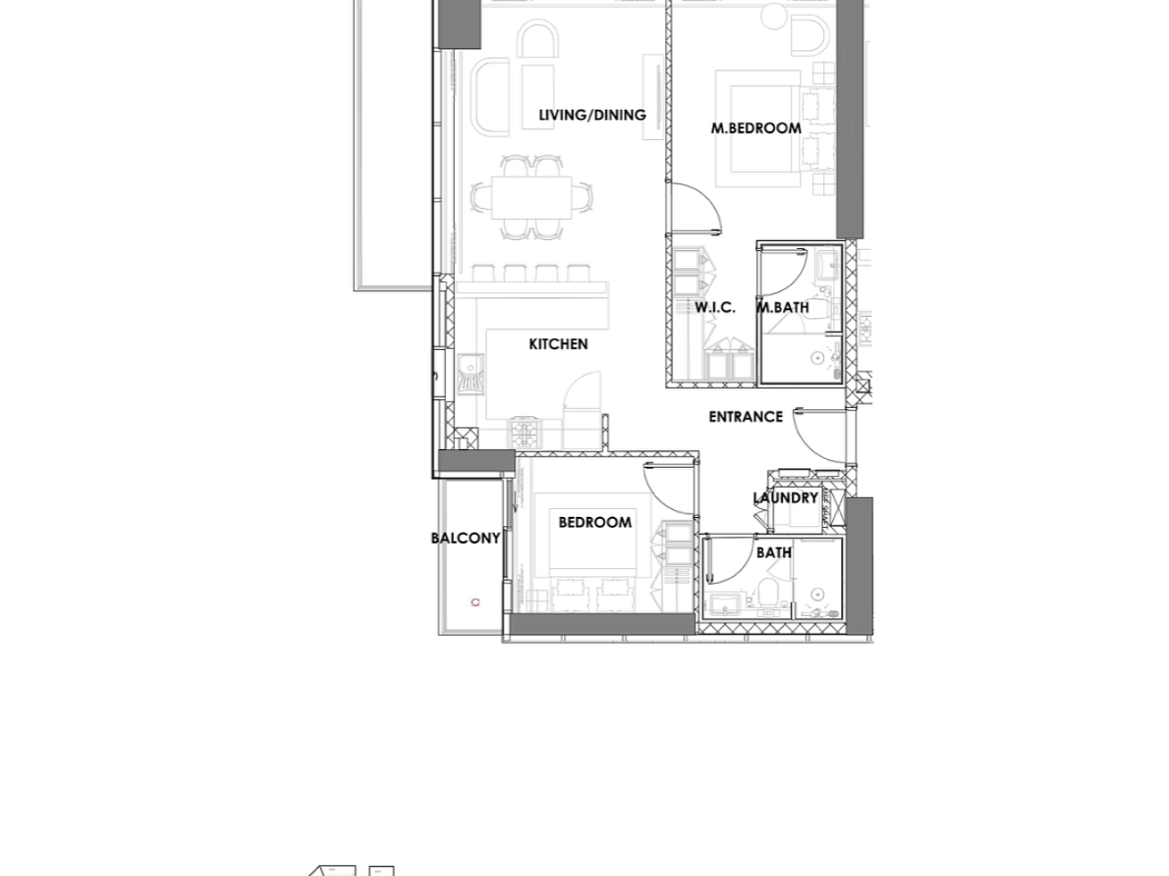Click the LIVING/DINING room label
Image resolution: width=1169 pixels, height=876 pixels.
[x=593, y=115]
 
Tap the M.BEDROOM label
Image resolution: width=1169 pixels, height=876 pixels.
[x=756, y=129]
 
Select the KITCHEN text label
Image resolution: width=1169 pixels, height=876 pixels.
[x=559, y=344]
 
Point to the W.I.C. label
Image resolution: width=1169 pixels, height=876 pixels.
[x=715, y=307]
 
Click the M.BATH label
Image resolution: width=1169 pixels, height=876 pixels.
[x=783, y=307]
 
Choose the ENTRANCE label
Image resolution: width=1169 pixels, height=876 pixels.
[x=745, y=417]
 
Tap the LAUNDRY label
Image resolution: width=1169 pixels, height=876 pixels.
[x=785, y=498]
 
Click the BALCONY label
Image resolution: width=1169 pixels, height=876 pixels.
[x=466, y=538]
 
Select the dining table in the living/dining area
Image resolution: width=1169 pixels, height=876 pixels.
[x=532, y=197]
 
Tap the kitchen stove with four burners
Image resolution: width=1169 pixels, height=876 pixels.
[x=526, y=433]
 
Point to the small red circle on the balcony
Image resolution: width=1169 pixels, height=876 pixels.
[x=475, y=602]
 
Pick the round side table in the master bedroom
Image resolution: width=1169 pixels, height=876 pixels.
[x=773, y=16]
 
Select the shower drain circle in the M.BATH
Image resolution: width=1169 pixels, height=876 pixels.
[x=817, y=358]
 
